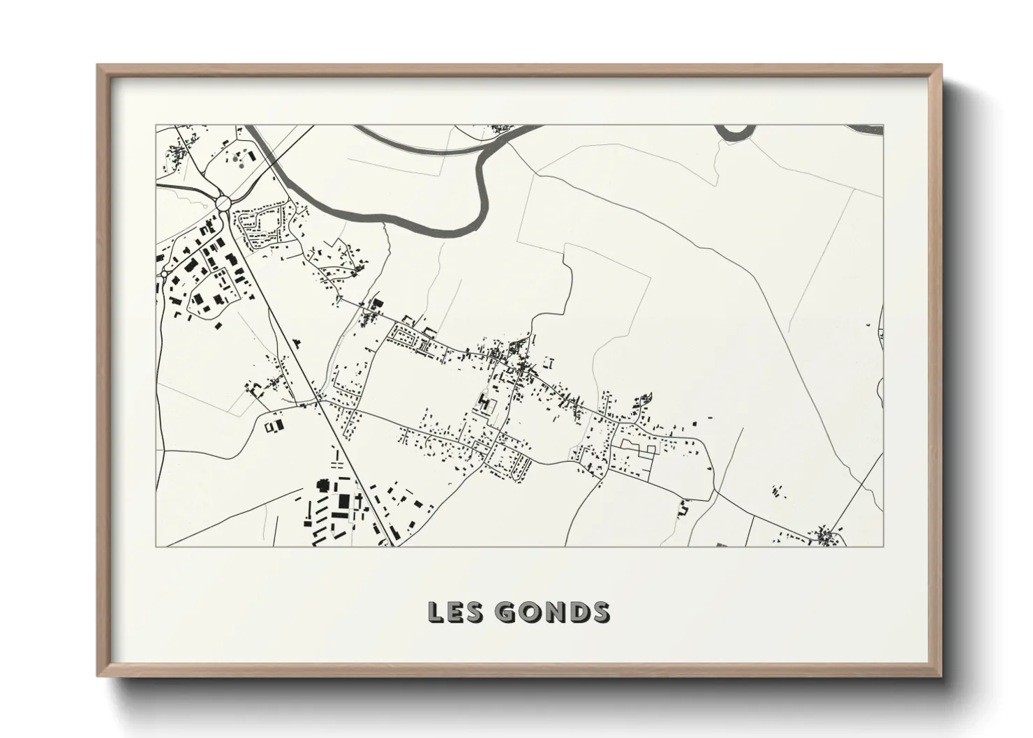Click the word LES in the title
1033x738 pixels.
point(453,612)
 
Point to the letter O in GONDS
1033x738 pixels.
point(528,612)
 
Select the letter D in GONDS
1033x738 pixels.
point(576,612)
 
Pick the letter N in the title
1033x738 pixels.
point(552,612)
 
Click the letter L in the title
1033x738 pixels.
point(436,612)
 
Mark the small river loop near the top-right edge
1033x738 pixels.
point(735,130)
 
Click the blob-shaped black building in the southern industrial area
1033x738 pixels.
point(323,484)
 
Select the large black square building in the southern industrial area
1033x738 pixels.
point(344,502)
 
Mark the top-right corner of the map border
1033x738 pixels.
point(883,126)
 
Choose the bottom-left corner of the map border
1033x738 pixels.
point(156,546)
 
